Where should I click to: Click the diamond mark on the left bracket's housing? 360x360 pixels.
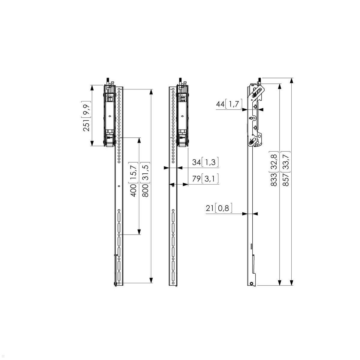pyautogui.click(x=109, y=116)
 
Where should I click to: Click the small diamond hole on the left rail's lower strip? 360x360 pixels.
pyautogui.click(x=119, y=186)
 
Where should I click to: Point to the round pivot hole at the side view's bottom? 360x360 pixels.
pyautogui.click(x=251, y=283)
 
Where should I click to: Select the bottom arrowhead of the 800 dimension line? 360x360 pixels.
pyautogui.click(x=151, y=281)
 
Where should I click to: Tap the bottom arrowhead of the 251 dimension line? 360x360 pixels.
pyautogui.click(x=92, y=144)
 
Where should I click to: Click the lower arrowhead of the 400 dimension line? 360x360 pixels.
pyautogui.click(x=139, y=232)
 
